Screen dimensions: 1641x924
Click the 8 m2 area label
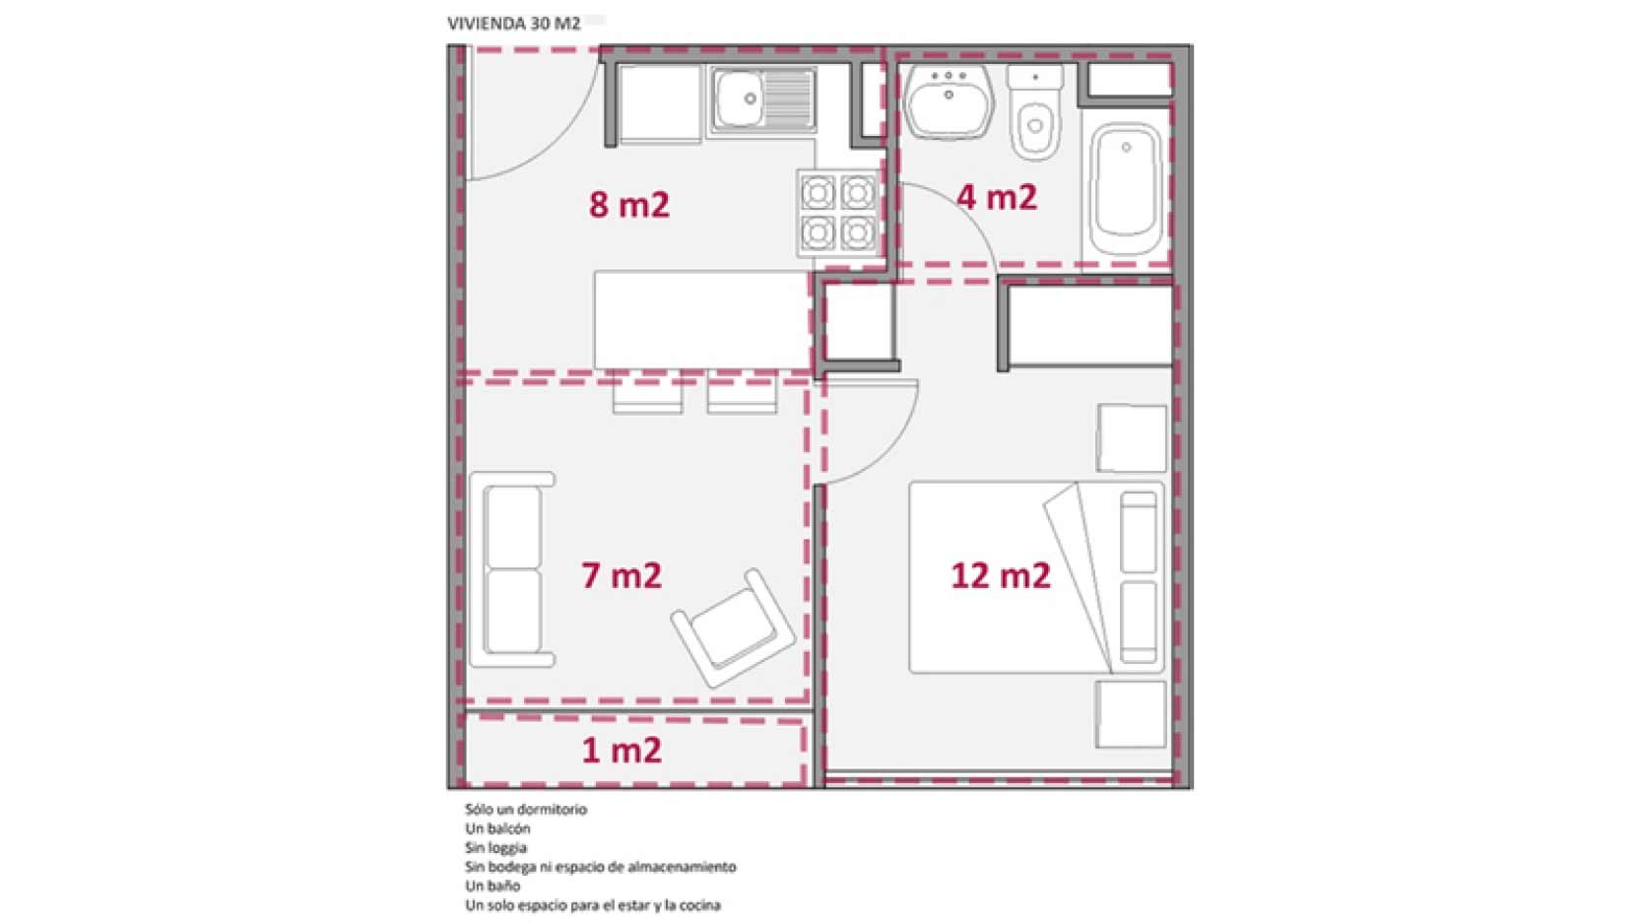(629, 204)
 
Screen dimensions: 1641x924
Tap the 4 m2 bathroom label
(997, 197)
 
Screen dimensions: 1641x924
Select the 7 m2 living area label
(622, 575)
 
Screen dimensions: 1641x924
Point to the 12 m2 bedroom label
(1001, 575)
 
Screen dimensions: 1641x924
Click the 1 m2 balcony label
(622, 751)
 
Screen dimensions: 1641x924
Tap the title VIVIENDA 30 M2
(513, 24)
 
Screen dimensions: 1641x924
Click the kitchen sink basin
(740, 98)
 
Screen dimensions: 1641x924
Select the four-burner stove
(838, 213)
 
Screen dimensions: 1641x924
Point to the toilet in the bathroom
(1035, 112)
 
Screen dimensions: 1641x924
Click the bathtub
(1126, 189)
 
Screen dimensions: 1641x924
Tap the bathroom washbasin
(948, 101)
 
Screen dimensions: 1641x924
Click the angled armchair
(733, 627)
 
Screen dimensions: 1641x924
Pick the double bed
(1036, 576)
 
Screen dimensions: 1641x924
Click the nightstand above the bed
(1132, 437)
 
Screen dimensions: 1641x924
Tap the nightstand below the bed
(1131, 714)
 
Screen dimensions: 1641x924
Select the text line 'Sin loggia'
(496, 848)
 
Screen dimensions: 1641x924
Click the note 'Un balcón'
(498, 828)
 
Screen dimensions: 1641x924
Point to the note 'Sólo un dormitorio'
(526, 810)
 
